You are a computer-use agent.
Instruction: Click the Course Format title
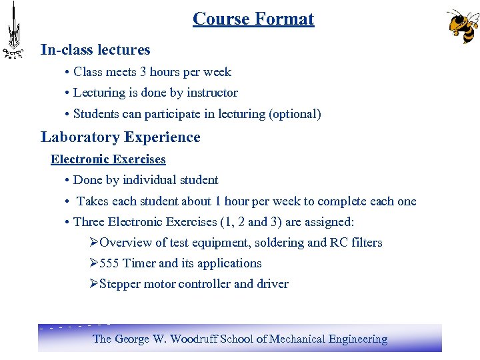(x=253, y=19)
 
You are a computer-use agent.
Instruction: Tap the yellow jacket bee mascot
(x=463, y=27)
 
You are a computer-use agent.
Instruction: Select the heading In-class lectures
(x=95, y=50)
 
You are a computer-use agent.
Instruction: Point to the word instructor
(x=212, y=93)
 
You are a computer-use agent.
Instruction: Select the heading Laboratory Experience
(x=120, y=137)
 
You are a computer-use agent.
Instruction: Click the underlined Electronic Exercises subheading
(x=108, y=159)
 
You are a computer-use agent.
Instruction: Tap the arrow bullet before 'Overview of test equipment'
(x=93, y=243)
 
